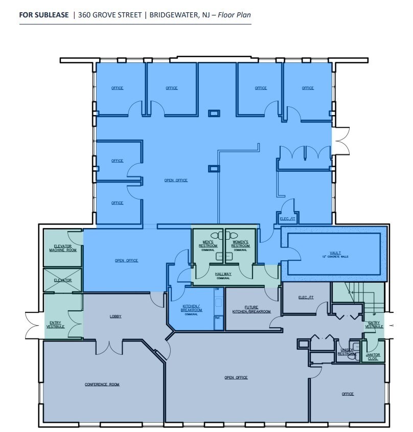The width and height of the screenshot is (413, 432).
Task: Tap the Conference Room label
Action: coord(102,384)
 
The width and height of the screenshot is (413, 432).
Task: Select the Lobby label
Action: coord(116,316)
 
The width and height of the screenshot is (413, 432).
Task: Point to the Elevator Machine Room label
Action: coord(62,248)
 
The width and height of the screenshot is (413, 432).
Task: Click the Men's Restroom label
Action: coord(208,243)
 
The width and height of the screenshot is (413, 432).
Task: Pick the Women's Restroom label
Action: coord(240,243)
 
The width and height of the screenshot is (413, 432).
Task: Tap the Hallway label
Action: coord(223,275)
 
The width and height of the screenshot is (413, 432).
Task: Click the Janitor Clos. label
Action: coord(373,357)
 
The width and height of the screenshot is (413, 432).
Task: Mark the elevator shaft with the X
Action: coord(62,280)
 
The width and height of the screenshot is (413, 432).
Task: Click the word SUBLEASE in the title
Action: coord(54,15)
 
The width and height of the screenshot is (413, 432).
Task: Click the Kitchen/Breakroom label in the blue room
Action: coord(190,309)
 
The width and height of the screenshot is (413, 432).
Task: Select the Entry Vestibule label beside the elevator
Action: coord(55,324)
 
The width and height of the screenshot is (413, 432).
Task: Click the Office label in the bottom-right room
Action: coord(348,394)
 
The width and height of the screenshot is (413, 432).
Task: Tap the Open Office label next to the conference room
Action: coord(236,377)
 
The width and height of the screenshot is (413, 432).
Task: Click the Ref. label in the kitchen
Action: coord(217,317)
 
